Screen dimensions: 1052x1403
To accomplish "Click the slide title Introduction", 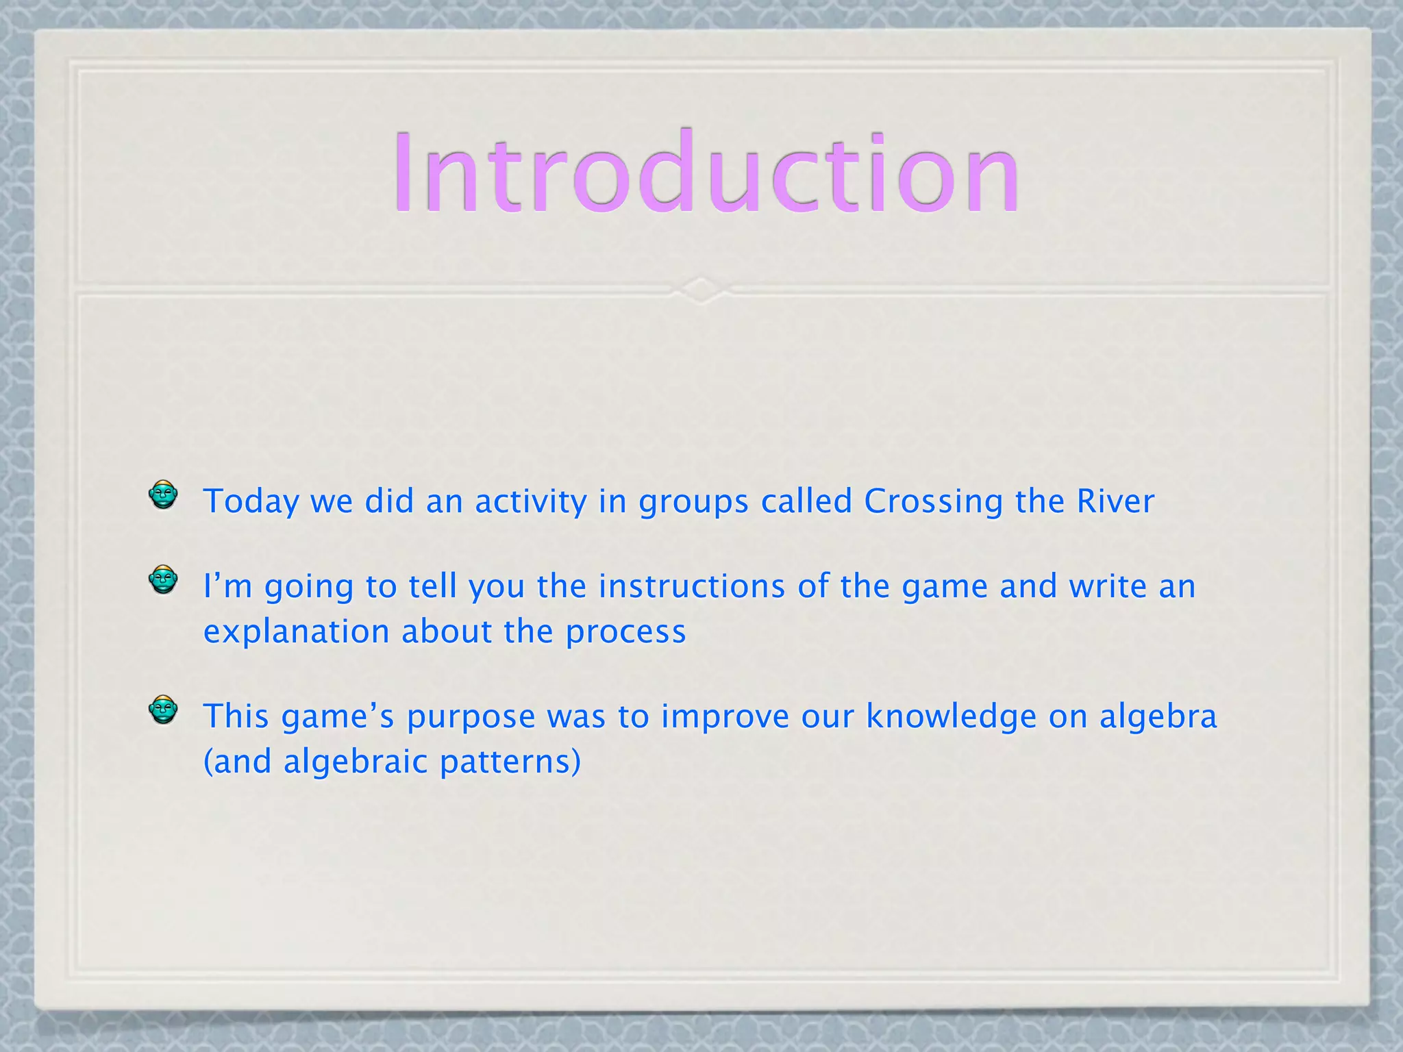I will [706, 173].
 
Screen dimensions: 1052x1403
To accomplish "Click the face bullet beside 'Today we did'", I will [163, 494].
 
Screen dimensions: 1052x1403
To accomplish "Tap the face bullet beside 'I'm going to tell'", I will [163, 580].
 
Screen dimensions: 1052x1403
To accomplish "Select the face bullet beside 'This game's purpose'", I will [163, 710].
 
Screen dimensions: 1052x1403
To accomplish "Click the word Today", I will [251, 501].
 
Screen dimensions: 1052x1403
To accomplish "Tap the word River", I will [1115, 501].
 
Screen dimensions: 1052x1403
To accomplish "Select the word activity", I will [531, 501].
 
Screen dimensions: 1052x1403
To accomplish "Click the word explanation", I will [297, 632].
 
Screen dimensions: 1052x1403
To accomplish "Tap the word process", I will [625, 632].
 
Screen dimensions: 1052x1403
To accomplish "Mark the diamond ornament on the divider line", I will [701, 290].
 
